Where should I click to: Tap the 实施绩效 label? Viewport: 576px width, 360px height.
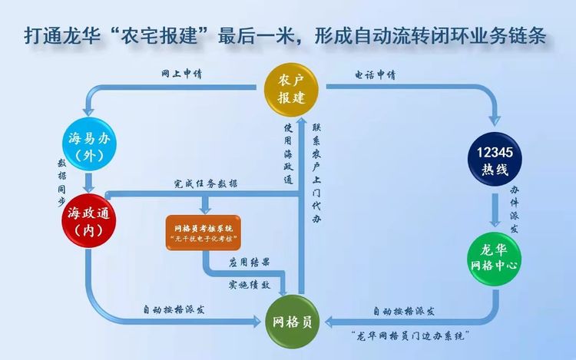[249, 284]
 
